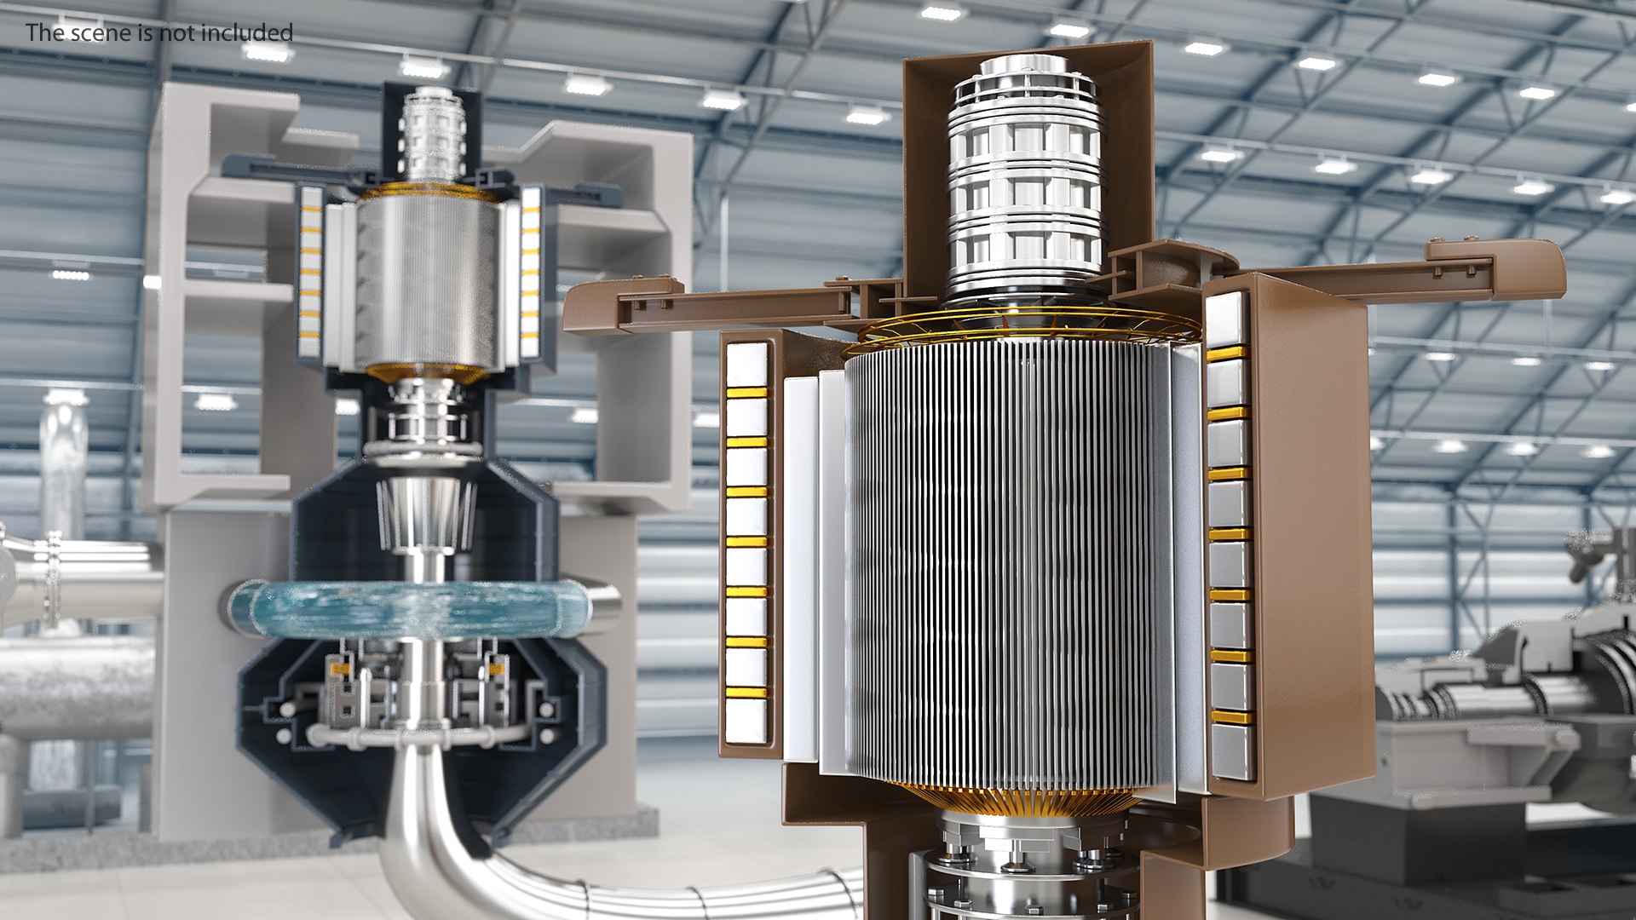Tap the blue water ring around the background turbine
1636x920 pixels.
[409, 609]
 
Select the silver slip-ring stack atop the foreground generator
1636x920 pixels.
[1025, 179]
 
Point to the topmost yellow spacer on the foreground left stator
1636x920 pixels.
[746, 393]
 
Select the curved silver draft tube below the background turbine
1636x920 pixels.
[426, 818]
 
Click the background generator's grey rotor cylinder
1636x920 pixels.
[426, 281]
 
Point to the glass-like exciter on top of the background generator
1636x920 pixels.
[433, 132]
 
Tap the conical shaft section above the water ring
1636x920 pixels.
[425, 511]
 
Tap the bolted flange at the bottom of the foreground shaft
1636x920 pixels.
[1014, 852]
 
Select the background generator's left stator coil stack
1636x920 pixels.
[310, 273]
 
